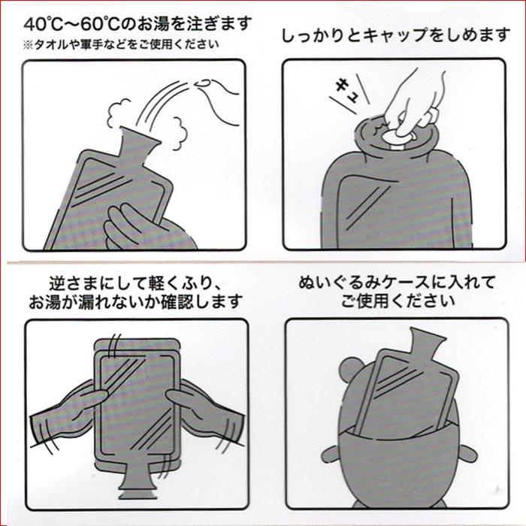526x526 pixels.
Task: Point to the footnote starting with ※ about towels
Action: (121, 43)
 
